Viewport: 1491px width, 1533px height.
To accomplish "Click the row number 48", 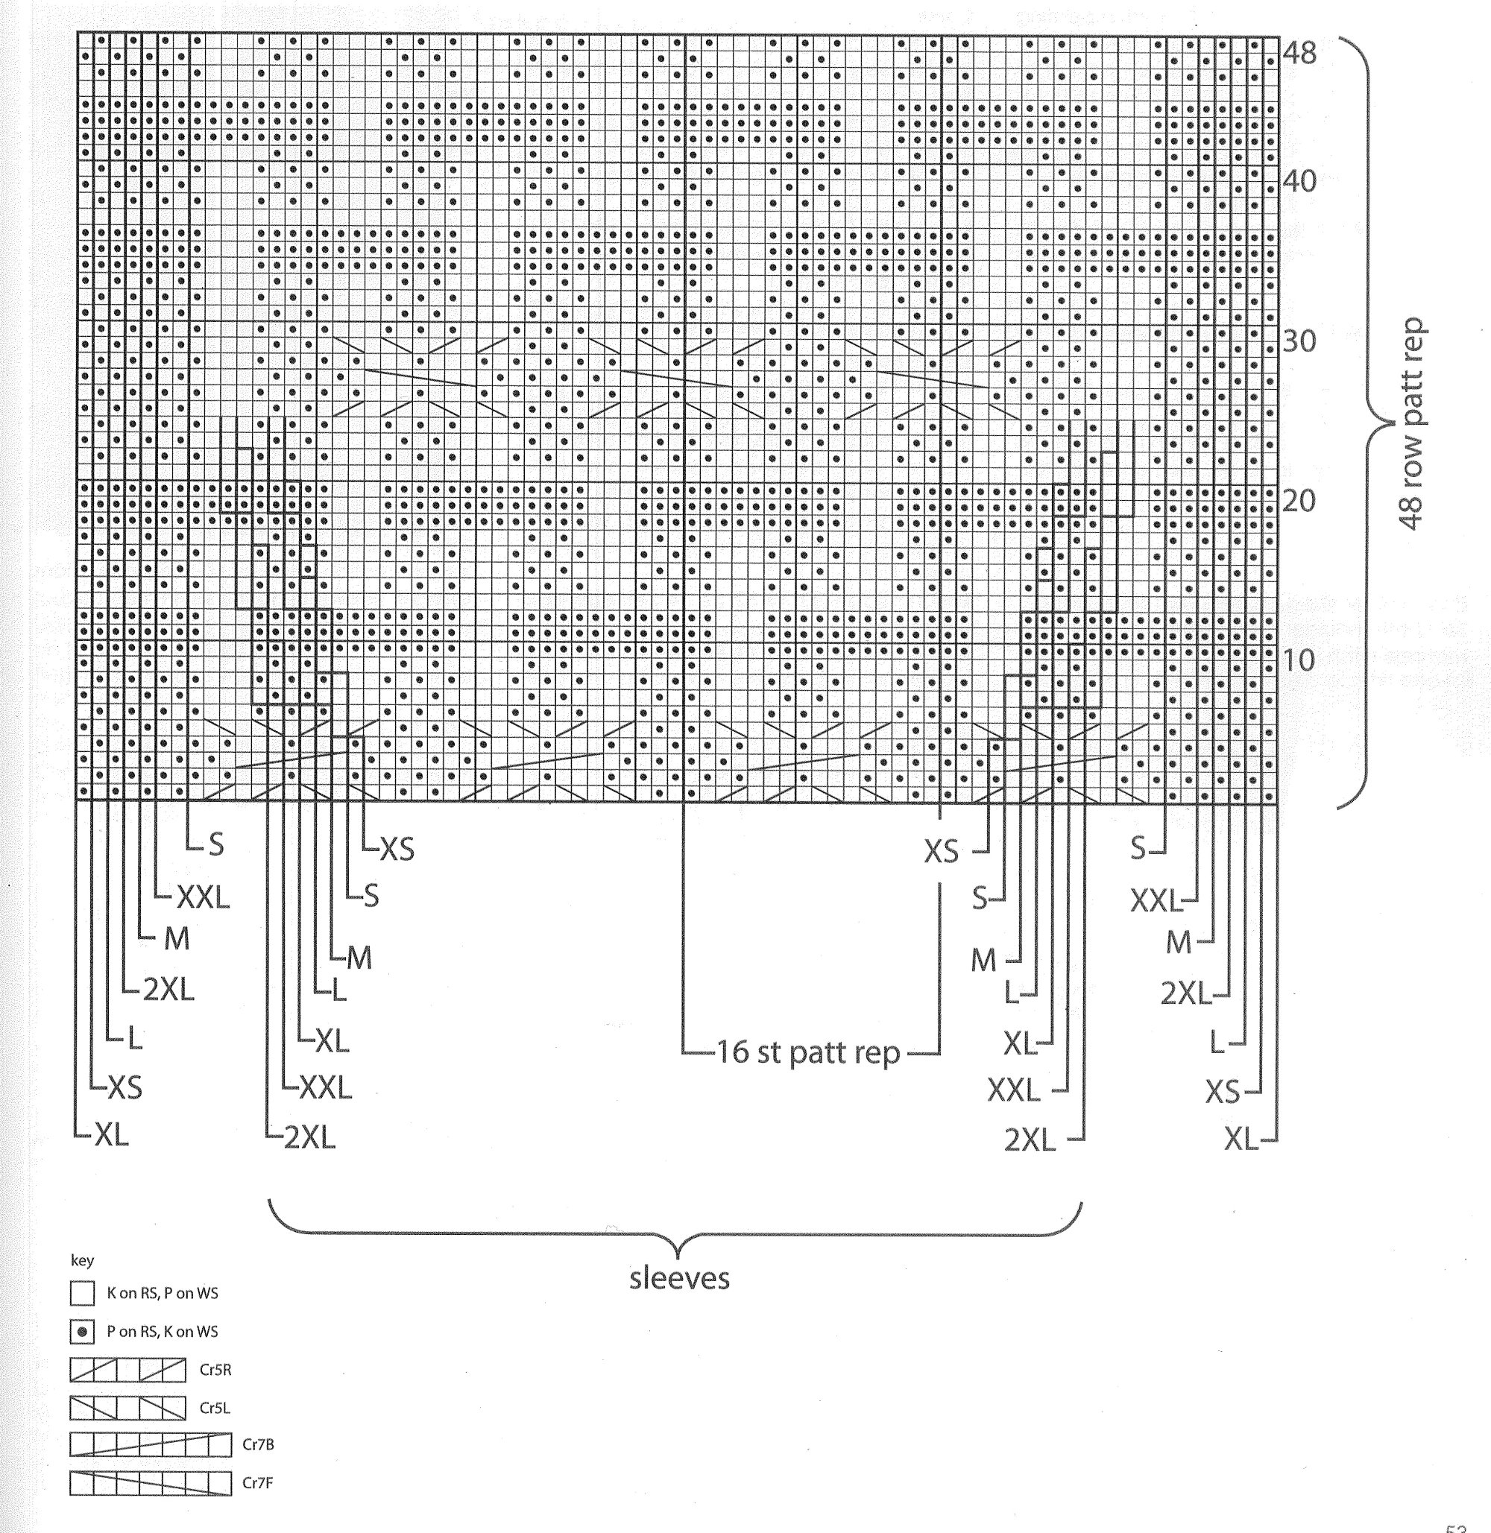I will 1299,53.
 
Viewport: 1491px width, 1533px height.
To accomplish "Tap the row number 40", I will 1299,182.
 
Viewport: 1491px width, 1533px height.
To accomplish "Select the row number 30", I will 1299,341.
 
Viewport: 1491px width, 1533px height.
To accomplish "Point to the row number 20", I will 1299,501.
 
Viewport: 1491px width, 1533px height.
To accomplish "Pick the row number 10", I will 1299,661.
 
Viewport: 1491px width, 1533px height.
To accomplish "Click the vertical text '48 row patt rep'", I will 1413,423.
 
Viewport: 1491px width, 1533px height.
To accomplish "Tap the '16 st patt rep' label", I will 809,1052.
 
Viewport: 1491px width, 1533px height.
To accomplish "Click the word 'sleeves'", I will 679,1279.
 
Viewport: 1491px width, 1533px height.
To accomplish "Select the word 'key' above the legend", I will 82,1260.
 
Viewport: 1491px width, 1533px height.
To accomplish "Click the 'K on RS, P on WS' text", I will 162,1294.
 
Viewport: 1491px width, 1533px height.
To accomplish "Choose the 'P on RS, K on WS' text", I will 162,1332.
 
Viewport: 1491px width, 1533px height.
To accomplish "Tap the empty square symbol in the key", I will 82,1294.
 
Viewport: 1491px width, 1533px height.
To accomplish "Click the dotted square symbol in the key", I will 82,1332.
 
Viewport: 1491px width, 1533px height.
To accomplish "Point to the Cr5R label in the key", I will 215,1370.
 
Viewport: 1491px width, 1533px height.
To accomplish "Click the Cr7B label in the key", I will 258,1445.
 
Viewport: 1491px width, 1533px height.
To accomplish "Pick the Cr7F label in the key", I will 258,1483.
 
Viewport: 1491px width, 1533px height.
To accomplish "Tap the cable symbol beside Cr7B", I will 151,1445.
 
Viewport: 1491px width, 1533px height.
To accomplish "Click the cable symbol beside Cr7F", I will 151,1483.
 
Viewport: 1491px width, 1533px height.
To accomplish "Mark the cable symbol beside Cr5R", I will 127,1370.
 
